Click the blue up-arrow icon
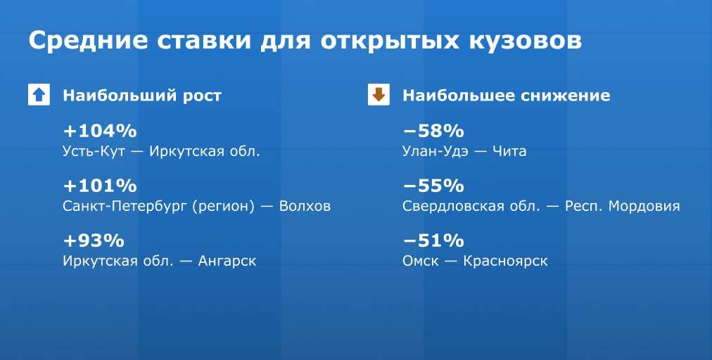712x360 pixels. pos(39,95)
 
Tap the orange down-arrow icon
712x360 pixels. pos(379,95)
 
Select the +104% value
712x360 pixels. pos(100,131)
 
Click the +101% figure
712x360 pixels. pos(100,186)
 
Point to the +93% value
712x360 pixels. pos(94,240)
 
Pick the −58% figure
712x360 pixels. pos(433,131)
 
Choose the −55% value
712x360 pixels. pos(433,186)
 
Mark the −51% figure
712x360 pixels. pos(433,240)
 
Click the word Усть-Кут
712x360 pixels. pos(94,151)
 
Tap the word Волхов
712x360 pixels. pos(305,206)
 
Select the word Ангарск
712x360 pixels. pos(227,262)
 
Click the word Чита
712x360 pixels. pos(509,151)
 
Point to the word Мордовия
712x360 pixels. pos(644,207)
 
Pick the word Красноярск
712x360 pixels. pos(505,262)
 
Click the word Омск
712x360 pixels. pos(421,261)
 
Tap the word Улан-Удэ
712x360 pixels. pos(435,152)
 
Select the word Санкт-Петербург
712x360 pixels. pos(125,207)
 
